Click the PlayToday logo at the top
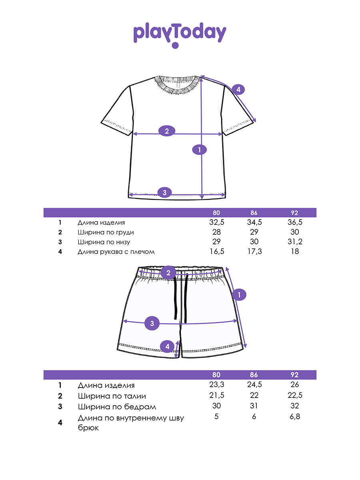(180, 35)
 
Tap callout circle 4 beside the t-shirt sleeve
(238, 89)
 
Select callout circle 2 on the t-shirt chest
(166, 131)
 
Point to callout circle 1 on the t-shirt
(199, 150)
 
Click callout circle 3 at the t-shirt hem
(164, 192)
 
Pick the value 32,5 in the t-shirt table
(217, 222)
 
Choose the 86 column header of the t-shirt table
(254, 212)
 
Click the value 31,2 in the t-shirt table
(295, 242)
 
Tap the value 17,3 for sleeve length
(254, 252)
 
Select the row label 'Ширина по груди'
(106, 232)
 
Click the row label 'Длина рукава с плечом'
(116, 252)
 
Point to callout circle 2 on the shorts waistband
(168, 273)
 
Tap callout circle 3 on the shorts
(152, 323)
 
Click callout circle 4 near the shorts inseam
(167, 346)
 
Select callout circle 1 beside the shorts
(239, 294)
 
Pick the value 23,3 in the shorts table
(217, 384)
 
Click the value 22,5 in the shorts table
(295, 395)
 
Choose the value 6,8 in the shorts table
(295, 416)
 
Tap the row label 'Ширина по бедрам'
(117, 407)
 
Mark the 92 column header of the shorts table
(294, 374)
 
